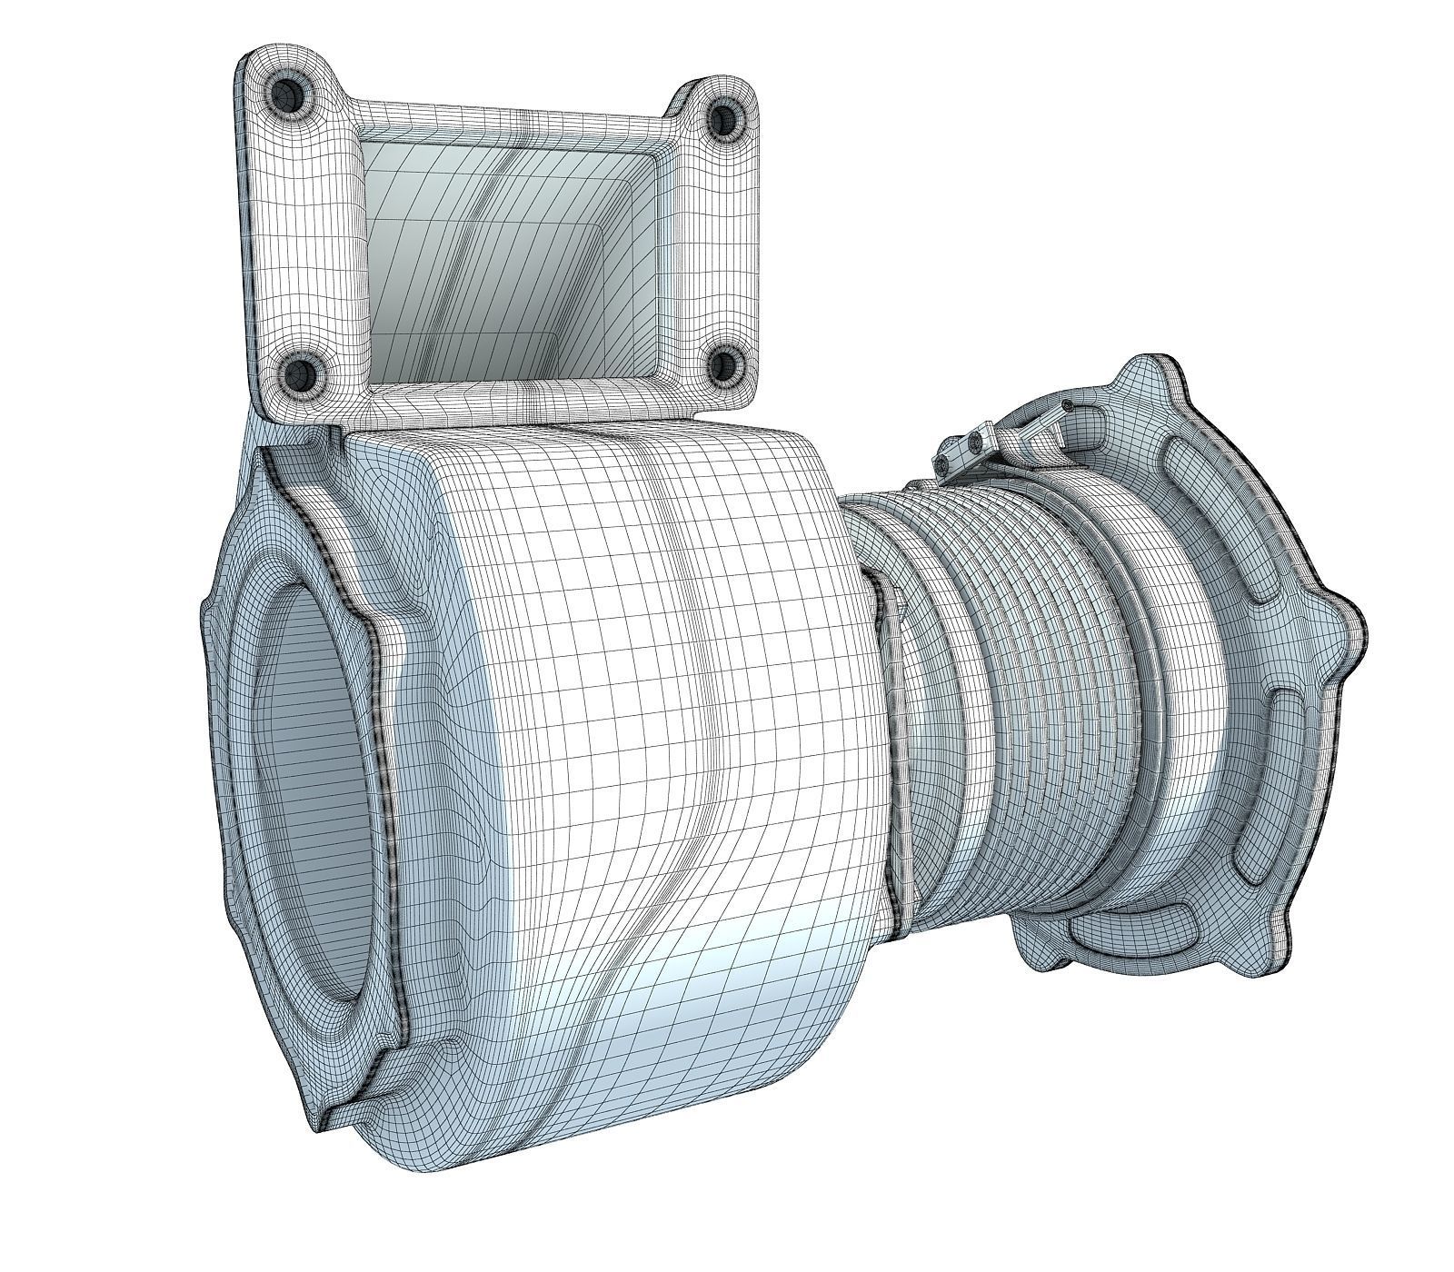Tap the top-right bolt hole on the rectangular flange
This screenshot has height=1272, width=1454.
pos(724,116)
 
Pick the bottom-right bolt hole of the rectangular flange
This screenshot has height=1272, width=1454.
pos(725,366)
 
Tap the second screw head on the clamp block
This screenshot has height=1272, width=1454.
pos(976,441)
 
